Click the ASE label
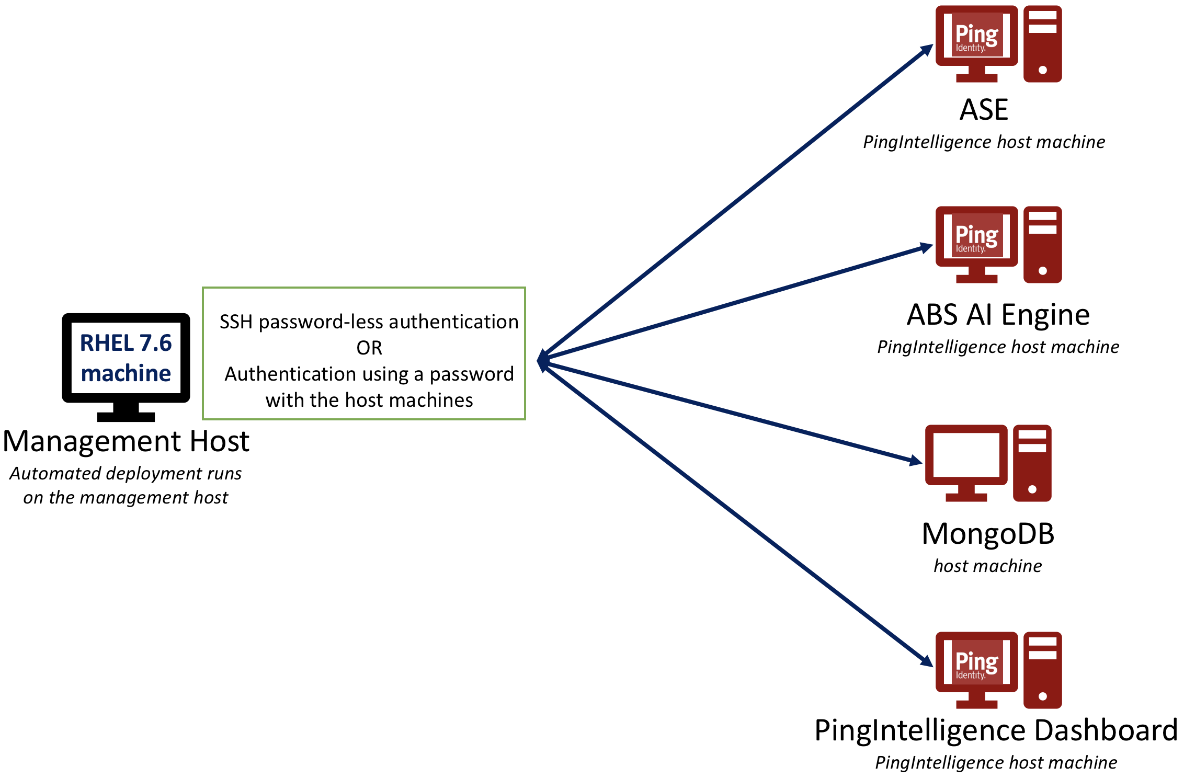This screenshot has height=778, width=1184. [x=984, y=110]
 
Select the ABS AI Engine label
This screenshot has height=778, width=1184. [x=998, y=315]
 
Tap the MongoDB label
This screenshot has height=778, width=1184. [x=988, y=534]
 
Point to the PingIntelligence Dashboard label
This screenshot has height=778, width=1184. [x=996, y=730]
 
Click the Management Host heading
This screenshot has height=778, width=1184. [x=126, y=441]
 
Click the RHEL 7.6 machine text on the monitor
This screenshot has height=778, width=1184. [x=126, y=358]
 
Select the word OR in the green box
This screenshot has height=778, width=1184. [x=369, y=348]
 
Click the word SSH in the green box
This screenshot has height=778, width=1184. [x=236, y=322]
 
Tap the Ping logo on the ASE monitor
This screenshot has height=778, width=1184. [x=976, y=36]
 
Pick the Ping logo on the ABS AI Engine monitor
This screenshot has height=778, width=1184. [x=976, y=236]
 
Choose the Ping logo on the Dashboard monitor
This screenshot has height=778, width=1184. [x=976, y=662]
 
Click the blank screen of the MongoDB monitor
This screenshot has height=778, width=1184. [x=966, y=455]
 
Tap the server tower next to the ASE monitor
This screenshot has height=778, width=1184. [x=1042, y=44]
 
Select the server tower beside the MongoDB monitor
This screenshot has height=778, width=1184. [x=1032, y=463]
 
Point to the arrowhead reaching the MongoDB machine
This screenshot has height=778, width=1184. [x=915, y=461]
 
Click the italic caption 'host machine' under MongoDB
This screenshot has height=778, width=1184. [x=988, y=566]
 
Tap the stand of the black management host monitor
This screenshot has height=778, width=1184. [x=126, y=412]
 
